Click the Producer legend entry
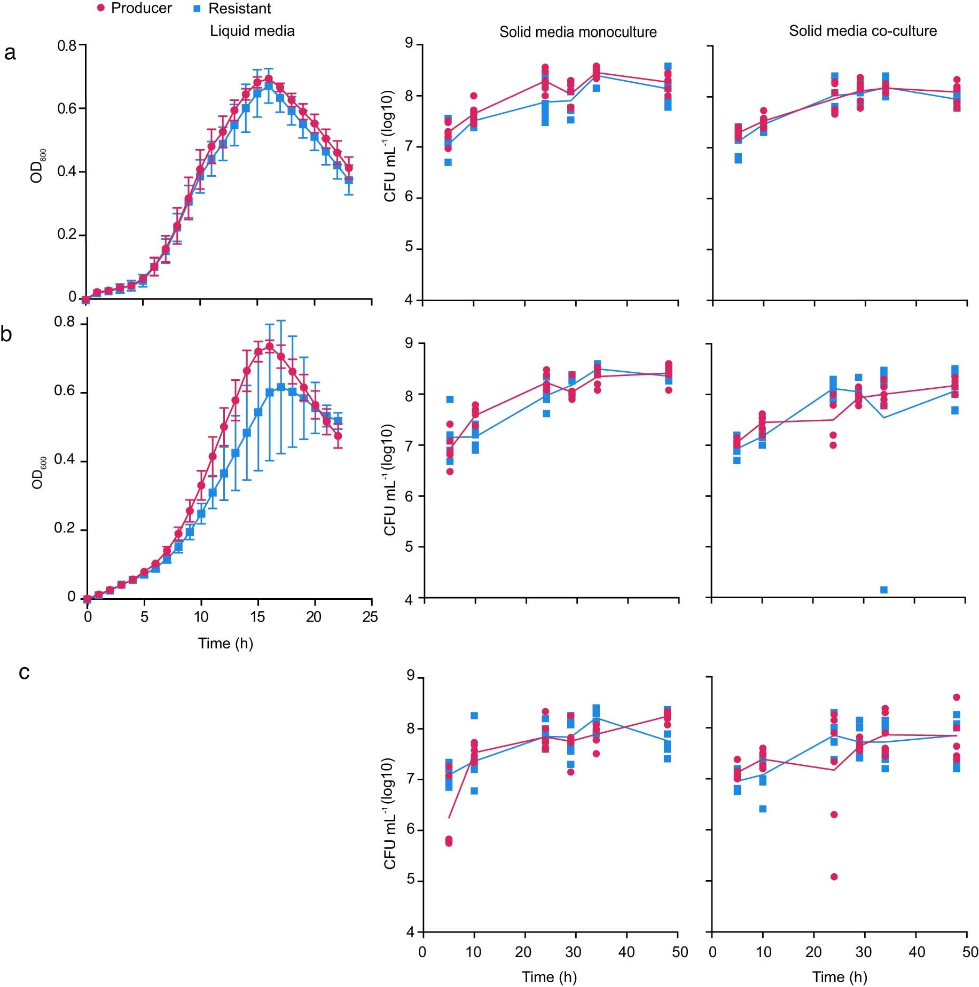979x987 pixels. click(x=134, y=9)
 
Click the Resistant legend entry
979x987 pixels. click(x=232, y=9)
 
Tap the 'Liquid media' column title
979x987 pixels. click(x=252, y=31)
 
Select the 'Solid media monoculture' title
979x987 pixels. click(x=578, y=32)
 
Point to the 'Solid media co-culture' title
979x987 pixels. click(x=863, y=31)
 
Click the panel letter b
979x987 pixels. click(x=6, y=334)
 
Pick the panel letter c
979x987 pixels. click(x=24, y=672)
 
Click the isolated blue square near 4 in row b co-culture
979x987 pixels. click(x=884, y=590)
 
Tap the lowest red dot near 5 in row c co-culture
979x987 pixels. click(x=834, y=877)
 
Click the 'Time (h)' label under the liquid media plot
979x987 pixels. click(x=225, y=643)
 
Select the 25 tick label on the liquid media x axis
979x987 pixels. click(x=370, y=617)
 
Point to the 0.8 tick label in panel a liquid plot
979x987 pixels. click(x=67, y=45)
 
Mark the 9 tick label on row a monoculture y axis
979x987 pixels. click(x=410, y=43)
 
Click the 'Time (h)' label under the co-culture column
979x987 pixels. click(x=840, y=977)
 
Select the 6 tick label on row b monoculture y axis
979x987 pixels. click(x=410, y=496)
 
